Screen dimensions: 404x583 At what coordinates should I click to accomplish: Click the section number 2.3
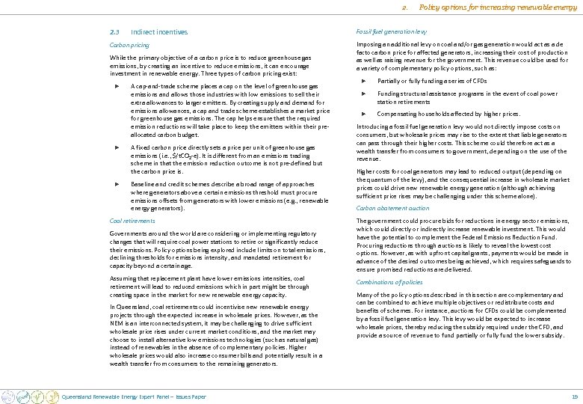(x=114, y=32)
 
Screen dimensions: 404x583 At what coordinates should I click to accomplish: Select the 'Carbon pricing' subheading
(x=129, y=45)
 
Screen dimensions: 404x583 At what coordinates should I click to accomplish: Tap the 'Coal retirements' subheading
(x=132, y=221)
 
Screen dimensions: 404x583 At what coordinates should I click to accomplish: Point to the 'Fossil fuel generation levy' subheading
(x=392, y=31)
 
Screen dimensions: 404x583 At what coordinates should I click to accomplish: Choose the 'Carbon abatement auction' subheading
(x=392, y=208)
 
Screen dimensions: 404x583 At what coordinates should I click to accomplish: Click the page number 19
(x=574, y=396)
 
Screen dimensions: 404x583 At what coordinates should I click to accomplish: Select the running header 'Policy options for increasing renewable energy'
(x=498, y=7)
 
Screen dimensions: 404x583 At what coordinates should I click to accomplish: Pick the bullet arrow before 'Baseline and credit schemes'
(x=115, y=183)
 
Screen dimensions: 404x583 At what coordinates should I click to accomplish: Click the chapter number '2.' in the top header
(x=404, y=7)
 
